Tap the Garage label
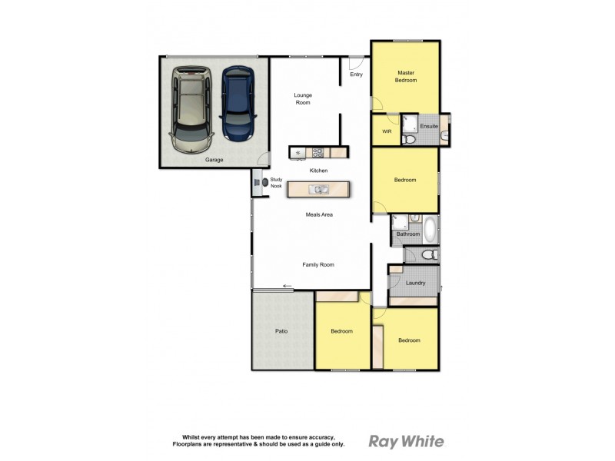tap(214, 160)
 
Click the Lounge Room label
tap(303, 98)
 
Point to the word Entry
tap(356, 75)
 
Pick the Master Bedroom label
tap(405, 76)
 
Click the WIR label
tap(387, 131)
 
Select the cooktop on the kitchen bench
tap(298, 152)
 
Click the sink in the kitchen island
tap(318, 189)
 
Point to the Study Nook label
tap(276, 182)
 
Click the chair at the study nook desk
tap(265, 182)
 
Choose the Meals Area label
tap(318, 215)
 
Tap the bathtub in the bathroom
tap(430, 228)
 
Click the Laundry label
tap(415, 283)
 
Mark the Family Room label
tap(317, 264)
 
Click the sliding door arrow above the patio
tap(288, 287)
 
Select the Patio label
tap(281, 331)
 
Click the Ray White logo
tap(406, 441)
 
